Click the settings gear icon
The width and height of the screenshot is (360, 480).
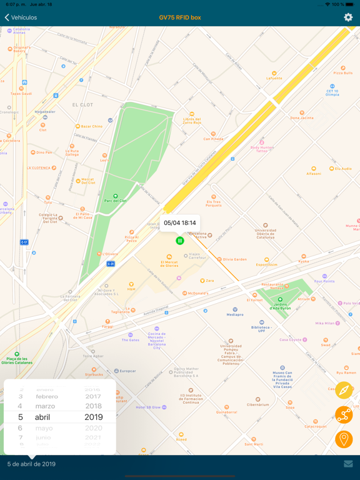click(348, 17)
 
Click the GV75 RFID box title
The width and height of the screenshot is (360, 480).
click(180, 17)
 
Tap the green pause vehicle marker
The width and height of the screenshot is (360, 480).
click(180, 241)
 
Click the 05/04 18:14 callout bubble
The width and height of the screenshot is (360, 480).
click(180, 222)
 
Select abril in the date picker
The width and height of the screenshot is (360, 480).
click(42, 417)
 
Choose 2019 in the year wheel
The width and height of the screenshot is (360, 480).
click(94, 417)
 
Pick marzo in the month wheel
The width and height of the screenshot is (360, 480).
click(45, 406)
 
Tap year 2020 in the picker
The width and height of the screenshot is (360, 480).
click(94, 428)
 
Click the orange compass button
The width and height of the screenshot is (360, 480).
click(344, 391)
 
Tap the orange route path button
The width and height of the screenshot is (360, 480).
click(344, 414)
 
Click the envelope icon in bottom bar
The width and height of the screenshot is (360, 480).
click(348, 464)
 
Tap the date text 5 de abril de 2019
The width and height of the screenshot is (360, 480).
click(31, 464)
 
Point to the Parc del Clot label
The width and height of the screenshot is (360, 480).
click(115, 201)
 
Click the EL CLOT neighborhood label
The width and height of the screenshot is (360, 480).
click(82, 105)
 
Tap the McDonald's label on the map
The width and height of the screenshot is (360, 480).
click(197, 293)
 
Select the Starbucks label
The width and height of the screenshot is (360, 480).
click(94, 374)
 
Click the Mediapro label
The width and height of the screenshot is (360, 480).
click(235, 314)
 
